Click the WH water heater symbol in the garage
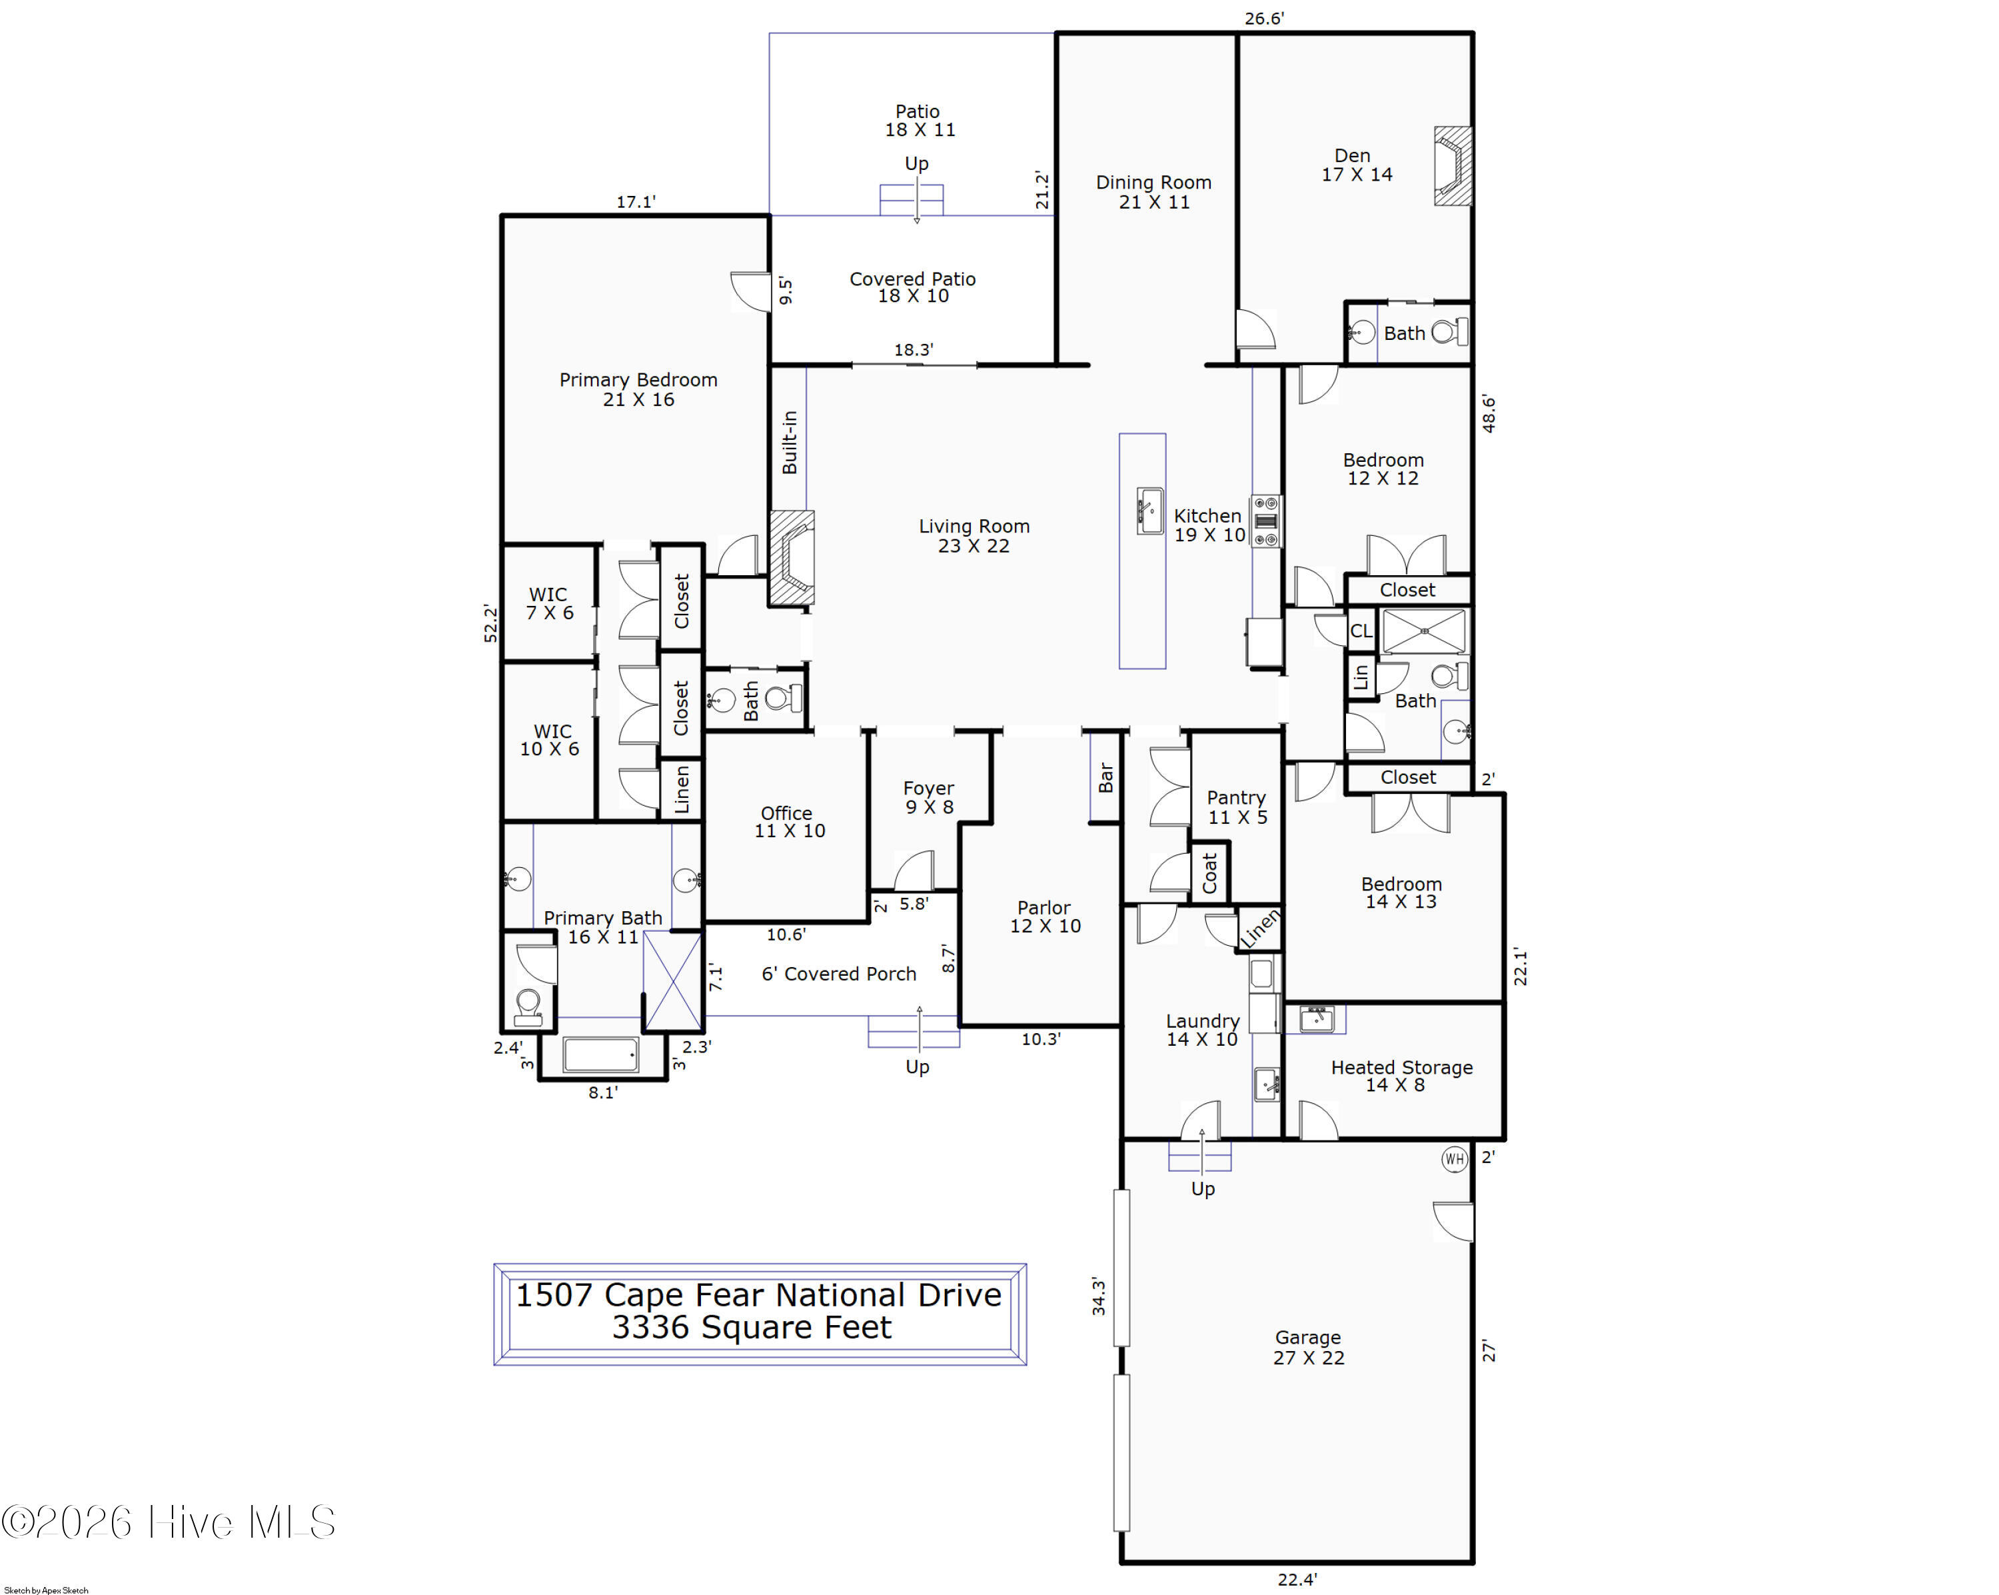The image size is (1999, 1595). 1454,1159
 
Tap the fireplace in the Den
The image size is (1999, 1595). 1453,166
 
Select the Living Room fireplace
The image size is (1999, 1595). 791,559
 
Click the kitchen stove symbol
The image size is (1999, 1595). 1265,521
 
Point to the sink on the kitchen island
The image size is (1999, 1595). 1149,511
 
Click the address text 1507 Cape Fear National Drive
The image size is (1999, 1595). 758,1294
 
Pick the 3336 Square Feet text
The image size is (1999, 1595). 751,1328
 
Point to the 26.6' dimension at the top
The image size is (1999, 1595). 1264,19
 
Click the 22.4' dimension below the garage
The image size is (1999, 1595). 1297,1579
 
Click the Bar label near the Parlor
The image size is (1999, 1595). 1105,777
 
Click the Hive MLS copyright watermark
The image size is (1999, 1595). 168,1522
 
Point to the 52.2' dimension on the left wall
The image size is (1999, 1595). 490,623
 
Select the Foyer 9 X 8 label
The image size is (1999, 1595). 929,797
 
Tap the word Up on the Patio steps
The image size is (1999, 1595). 916,163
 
